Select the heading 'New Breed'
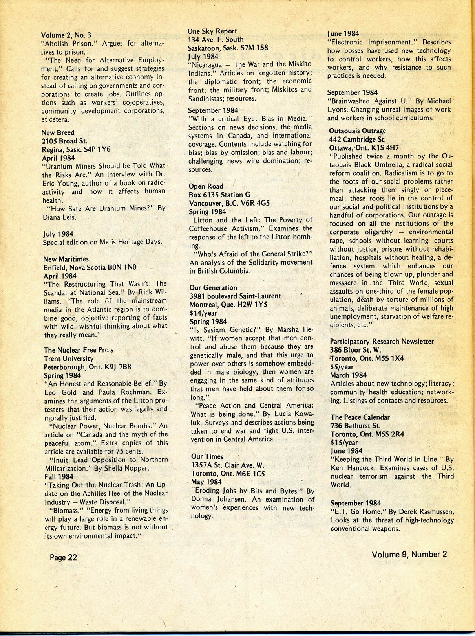tap(58, 132)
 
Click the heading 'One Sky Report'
tap(212, 31)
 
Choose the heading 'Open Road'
tap(206, 186)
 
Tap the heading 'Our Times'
tap(207, 456)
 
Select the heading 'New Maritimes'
tap(66, 259)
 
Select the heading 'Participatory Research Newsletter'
tap(382, 341)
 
